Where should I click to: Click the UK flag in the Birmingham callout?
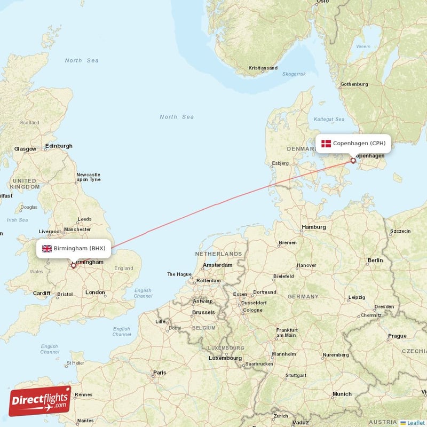coord(47,248)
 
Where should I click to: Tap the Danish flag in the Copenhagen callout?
coord(326,143)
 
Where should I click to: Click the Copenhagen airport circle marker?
coord(353,160)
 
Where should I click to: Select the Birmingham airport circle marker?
coord(73,265)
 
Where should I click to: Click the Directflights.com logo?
coord(40,401)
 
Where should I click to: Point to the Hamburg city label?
coord(314,227)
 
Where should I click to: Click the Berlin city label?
coord(375,260)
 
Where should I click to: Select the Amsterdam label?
coord(218,265)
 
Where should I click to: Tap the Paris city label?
coord(160,373)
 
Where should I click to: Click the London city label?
coord(95,292)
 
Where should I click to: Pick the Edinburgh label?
coord(59,146)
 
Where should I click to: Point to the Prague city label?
coord(398,336)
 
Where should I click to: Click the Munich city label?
coord(342,394)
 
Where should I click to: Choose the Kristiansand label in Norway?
coord(263,68)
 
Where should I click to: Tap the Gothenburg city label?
coord(354,84)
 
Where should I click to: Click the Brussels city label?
coord(203,312)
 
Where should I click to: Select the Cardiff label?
coord(41,293)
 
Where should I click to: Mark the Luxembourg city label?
coord(225,358)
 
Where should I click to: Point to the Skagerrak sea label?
coord(294,74)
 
